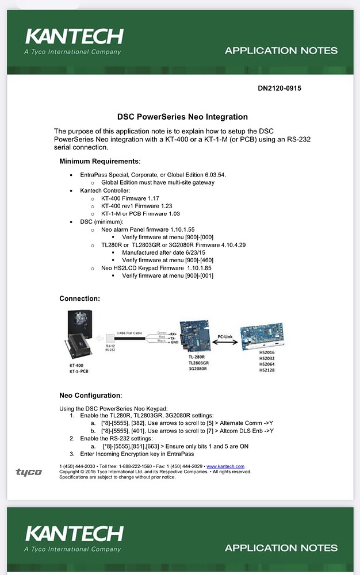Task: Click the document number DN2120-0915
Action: click(279, 89)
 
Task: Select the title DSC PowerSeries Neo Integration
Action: click(182, 117)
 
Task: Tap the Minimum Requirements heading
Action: click(99, 161)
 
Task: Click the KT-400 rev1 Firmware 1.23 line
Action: click(136, 205)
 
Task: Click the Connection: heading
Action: click(79, 298)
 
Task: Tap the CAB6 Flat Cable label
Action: click(131, 332)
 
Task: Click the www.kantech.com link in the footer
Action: click(225, 466)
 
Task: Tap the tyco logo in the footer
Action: click(29, 472)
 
